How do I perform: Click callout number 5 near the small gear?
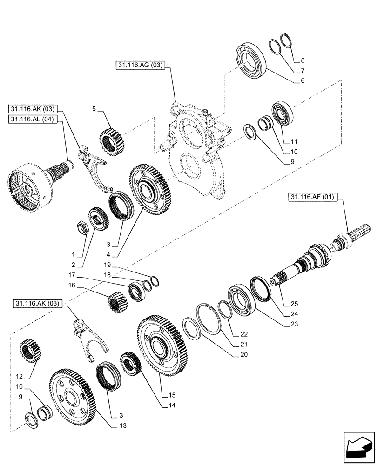point(94,109)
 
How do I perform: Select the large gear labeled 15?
point(163,344)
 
